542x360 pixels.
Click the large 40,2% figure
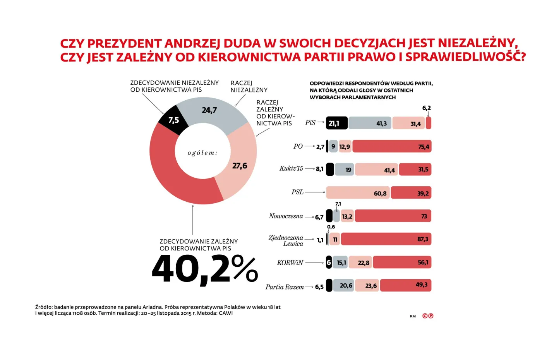pos(205,269)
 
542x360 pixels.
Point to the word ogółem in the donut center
pos(202,153)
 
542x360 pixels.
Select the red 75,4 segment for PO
pos(392,146)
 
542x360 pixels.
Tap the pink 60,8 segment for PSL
pos(358,193)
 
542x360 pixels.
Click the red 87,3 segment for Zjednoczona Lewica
pos(386,239)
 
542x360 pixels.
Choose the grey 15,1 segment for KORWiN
pos(340,262)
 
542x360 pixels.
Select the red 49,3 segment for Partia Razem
pos(405,285)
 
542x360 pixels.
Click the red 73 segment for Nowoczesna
pos(393,216)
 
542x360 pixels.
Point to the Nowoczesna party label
pos(286,216)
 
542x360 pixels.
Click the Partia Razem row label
pos(285,287)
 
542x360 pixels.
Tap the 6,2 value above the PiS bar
pos(426,108)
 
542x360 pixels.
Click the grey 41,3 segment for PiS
pos(370,123)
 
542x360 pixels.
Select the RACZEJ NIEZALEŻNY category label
pos(249,86)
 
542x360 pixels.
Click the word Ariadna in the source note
pos(152,307)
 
